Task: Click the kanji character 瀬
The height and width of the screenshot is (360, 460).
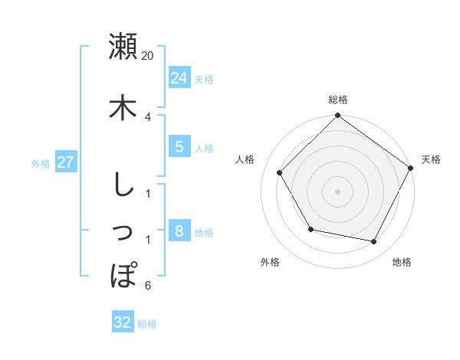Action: [123, 47]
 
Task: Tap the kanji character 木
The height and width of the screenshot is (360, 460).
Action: [123, 107]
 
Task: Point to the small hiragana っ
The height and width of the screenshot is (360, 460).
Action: [123, 232]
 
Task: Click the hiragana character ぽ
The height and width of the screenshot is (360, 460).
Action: [123, 275]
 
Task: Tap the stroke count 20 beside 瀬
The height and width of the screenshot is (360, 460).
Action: [148, 56]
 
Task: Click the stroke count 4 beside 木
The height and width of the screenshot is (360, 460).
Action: [148, 116]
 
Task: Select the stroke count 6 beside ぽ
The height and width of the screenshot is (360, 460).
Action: [148, 286]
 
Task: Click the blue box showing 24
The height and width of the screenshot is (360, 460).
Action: [179, 77]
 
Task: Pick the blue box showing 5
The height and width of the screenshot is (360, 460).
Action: [179, 146]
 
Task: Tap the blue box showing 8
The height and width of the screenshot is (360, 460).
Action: [179, 231]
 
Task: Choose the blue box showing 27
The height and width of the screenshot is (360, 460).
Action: [66, 162]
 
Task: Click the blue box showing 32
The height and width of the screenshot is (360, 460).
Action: [123, 322]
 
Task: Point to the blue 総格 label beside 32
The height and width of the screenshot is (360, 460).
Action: [147, 324]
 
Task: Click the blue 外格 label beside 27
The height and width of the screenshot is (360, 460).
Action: [41, 163]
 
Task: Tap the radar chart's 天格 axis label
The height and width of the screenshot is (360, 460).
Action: [431, 159]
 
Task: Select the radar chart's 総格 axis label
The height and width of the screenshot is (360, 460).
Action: [338, 100]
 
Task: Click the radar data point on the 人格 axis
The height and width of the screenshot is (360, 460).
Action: [280, 172]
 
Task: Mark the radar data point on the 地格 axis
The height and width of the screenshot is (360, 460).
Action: [373, 241]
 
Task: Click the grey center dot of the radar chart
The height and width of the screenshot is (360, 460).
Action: [338, 191]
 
